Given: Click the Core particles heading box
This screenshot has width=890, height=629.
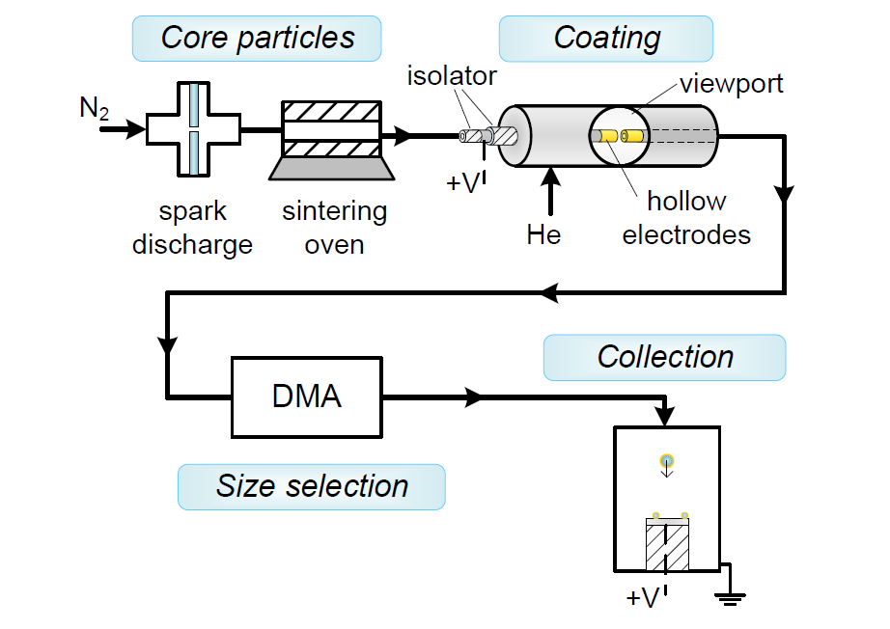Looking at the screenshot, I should [x=258, y=39].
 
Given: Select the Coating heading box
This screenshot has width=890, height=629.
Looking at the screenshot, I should [x=606, y=39].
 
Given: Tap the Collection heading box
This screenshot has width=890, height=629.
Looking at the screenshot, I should [x=665, y=357].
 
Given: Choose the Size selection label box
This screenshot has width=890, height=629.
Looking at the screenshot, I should [x=312, y=486].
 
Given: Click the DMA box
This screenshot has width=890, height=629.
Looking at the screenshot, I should [x=308, y=396].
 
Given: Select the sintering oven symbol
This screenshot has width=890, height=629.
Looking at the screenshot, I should [x=332, y=140].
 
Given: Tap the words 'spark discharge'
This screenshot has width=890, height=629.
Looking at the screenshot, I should [x=192, y=228].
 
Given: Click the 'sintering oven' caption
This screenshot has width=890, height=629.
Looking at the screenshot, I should [x=334, y=228].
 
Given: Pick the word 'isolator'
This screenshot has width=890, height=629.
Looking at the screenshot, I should [x=452, y=75].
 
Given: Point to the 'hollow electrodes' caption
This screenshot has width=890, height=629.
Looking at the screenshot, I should [x=686, y=218].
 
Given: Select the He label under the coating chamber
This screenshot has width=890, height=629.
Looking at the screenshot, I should [x=545, y=234].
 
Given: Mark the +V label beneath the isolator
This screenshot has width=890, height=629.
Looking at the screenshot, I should [x=464, y=182].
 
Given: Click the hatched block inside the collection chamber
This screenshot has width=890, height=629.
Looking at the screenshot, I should [x=667, y=547].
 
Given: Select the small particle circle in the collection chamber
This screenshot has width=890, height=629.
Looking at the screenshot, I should [x=666, y=459].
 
